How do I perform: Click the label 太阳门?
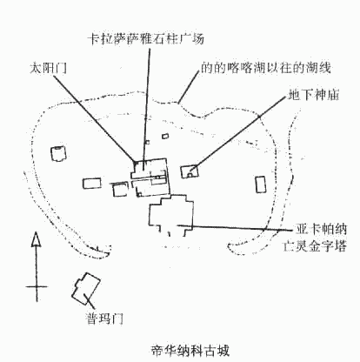49,69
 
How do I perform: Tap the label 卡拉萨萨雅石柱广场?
146,38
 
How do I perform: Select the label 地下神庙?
314,95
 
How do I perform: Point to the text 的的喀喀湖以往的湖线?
266,68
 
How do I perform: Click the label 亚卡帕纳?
321,229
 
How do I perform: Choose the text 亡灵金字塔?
315,246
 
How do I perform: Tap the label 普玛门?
105,318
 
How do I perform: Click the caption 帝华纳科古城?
190,351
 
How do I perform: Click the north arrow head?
36,239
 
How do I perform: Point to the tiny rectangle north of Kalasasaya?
165,136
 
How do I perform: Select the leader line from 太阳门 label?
94,118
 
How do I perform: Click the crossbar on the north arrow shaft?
37,286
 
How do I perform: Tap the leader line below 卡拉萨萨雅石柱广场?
146,109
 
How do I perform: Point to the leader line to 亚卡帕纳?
235,228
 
